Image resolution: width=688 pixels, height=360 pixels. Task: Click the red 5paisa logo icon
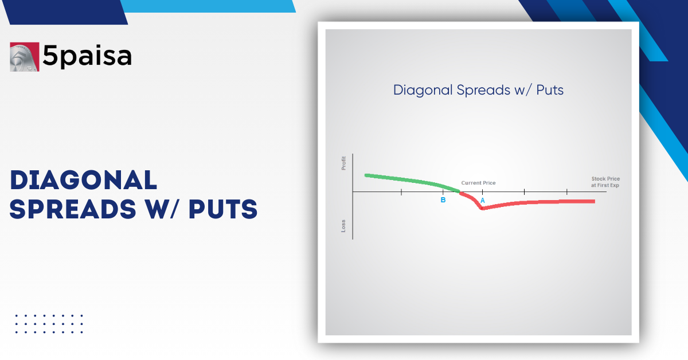tap(25, 57)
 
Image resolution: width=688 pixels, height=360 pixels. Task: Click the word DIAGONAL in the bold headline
tap(84, 181)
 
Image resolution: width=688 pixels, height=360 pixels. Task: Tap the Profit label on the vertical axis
tap(344, 163)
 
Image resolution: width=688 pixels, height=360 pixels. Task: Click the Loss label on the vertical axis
tap(344, 225)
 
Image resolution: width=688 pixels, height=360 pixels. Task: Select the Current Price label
tap(478, 183)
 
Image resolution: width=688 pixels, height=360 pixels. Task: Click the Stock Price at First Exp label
tap(605, 182)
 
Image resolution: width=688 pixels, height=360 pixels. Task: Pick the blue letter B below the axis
tap(443, 200)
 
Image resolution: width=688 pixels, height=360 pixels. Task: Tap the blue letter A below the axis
tap(482, 200)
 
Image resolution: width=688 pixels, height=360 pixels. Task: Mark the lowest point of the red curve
tap(482, 209)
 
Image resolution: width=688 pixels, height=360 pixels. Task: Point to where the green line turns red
tap(460, 191)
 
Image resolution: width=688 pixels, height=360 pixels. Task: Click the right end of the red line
tap(593, 201)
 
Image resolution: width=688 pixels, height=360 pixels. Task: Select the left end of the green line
tap(366, 175)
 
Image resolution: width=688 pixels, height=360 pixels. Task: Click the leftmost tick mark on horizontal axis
tap(401, 191)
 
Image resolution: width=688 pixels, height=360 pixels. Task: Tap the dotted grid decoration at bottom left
tap(49, 324)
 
